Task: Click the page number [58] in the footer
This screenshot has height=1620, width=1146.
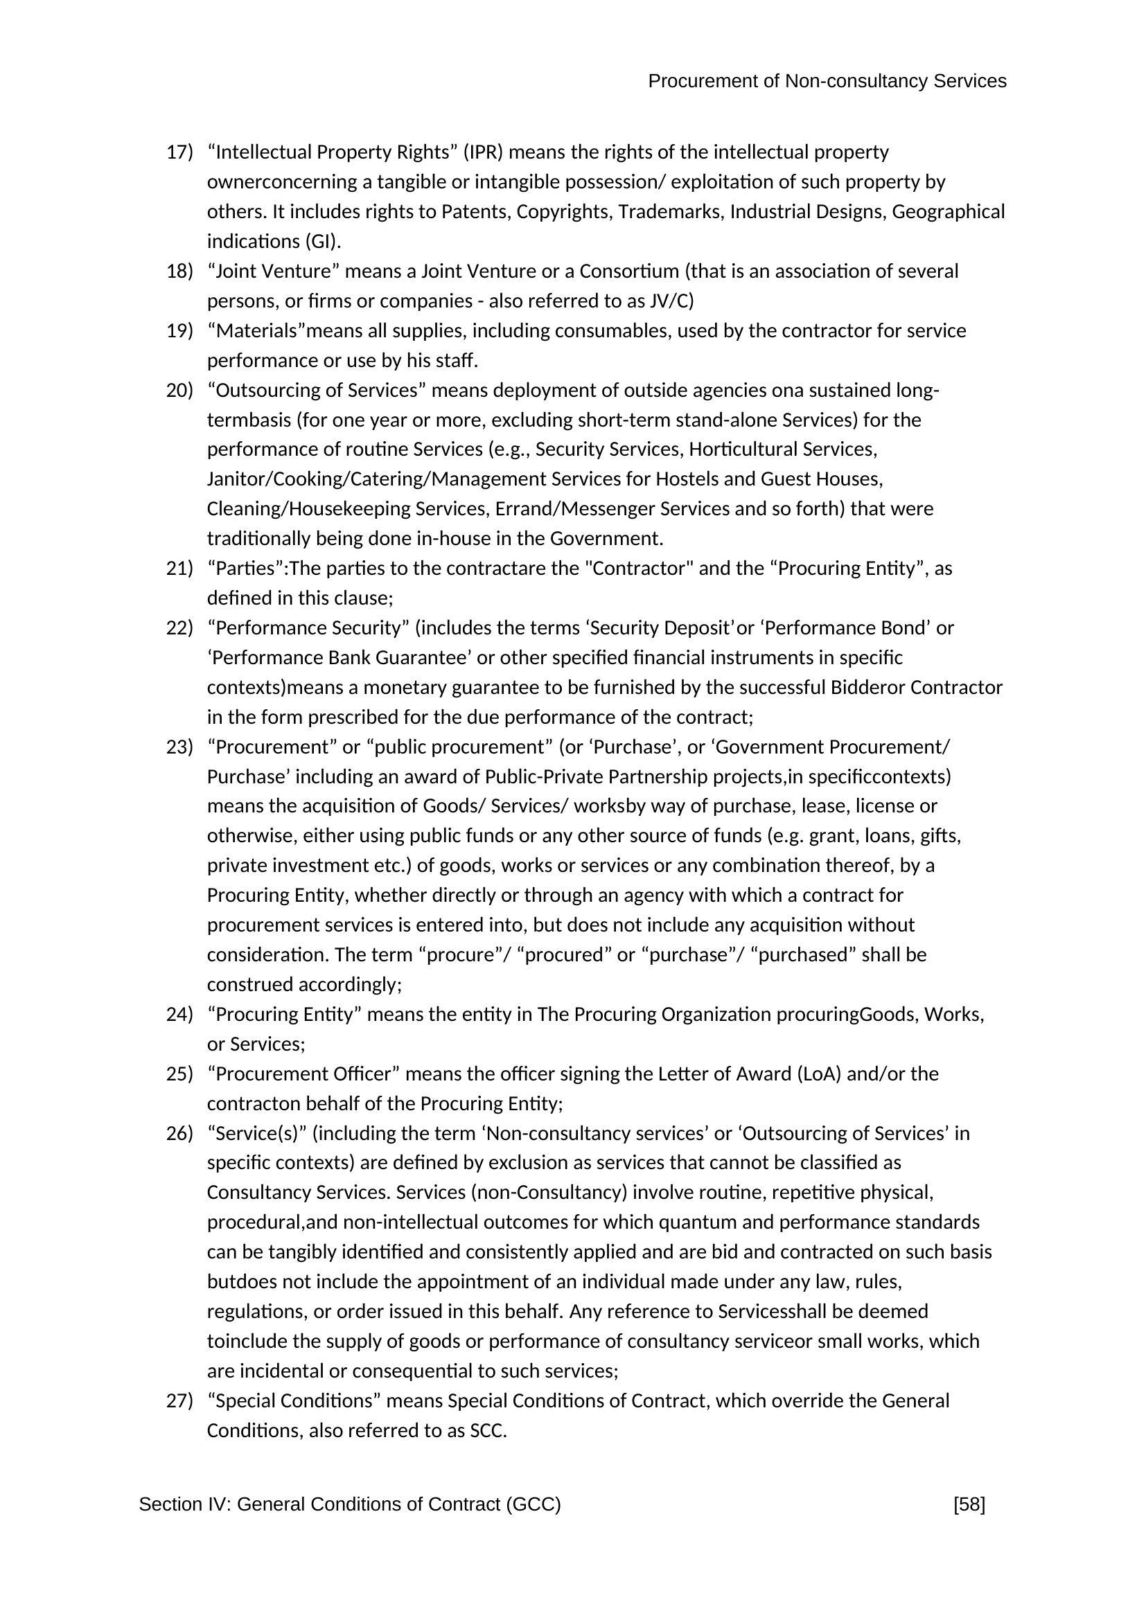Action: (x=969, y=1505)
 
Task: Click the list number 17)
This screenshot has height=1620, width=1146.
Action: (x=179, y=152)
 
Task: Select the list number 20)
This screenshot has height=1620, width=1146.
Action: (x=179, y=390)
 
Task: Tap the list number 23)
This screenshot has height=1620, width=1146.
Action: (x=179, y=747)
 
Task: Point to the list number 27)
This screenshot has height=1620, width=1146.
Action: (x=179, y=1400)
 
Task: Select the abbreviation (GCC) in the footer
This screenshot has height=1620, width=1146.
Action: (x=533, y=1505)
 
